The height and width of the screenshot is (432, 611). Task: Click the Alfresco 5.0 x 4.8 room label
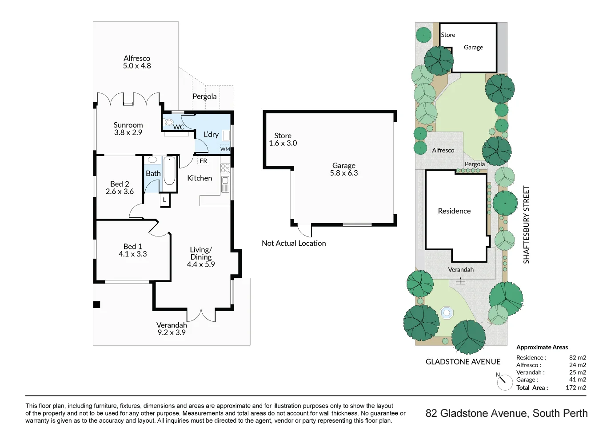[137, 62]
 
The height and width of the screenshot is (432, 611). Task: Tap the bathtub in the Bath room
[169, 171]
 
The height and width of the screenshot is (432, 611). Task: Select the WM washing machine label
[225, 149]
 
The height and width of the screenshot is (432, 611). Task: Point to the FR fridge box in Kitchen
[203, 161]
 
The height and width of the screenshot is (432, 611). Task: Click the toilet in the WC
[169, 122]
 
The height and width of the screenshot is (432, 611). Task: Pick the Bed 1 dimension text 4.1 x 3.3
[132, 254]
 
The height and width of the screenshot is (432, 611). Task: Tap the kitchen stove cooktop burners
[225, 168]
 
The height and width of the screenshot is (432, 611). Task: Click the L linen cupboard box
[164, 200]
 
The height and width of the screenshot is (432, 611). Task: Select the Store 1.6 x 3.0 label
[283, 139]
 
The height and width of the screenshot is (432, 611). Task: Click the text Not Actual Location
[294, 243]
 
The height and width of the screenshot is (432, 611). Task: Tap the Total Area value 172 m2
[575, 388]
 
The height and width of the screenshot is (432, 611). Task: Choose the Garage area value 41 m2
[577, 380]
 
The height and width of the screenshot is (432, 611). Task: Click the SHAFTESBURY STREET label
[527, 224]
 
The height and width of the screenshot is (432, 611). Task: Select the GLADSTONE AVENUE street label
[463, 362]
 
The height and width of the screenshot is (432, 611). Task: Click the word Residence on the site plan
[454, 211]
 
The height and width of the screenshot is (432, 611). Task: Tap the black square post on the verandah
[96, 304]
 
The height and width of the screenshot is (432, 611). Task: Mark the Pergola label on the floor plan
[204, 96]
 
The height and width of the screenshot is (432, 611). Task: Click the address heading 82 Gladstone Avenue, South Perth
[506, 413]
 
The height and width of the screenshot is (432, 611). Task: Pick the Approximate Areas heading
[542, 347]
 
